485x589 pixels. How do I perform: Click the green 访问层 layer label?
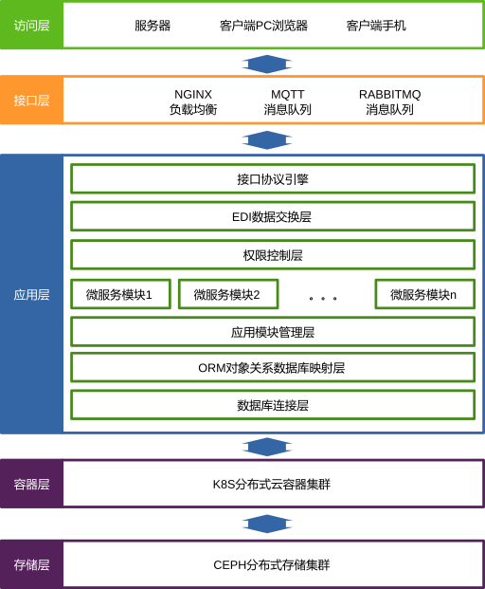point(31,26)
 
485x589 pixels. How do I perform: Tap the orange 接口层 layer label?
point(31,101)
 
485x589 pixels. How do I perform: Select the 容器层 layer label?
point(31,484)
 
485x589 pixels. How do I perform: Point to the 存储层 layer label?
point(31,564)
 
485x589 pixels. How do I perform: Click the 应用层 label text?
point(31,295)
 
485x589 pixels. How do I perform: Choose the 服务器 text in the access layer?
point(153,26)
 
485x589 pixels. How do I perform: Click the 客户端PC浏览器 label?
point(263,26)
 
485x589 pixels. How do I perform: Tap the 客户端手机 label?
point(376,26)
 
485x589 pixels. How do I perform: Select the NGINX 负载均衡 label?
point(193,101)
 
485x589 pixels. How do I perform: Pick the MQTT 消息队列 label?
point(288,101)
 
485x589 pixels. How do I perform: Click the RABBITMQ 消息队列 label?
point(389,101)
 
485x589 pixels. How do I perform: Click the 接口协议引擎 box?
point(273,179)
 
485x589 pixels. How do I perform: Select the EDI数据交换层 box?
point(273,217)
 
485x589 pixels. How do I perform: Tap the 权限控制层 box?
point(273,255)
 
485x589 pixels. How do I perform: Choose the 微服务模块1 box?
point(121,294)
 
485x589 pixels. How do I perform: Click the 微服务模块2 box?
point(228,294)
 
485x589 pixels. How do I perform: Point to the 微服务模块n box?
point(425,294)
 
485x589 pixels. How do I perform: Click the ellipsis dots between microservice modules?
point(323,298)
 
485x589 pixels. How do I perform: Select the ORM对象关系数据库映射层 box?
point(273,367)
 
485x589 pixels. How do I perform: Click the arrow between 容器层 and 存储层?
point(267,524)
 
